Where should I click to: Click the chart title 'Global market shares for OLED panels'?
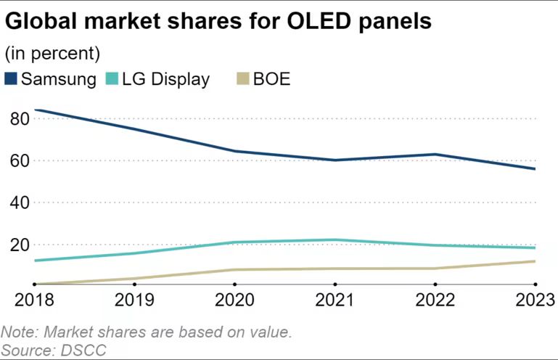(x=218, y=21)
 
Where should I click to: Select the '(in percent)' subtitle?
(x=52, y=54)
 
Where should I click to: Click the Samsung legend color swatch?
(x=12, y=79)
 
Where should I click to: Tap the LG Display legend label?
(x=165, y=79)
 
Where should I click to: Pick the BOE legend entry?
(x=271, y=79)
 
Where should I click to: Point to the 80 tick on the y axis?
(x=20, y=118)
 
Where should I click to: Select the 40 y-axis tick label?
(x=20, y=202)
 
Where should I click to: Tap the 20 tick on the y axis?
(x=20, y=245)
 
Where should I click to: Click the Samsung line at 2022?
(x=435, y=154)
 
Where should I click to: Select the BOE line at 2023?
(x=535, y=261)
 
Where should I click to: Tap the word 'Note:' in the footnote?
(x=20, y=332)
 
